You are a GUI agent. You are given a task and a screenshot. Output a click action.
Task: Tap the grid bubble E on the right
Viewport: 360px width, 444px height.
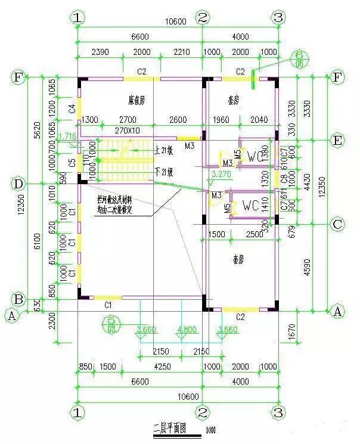coord(337,141)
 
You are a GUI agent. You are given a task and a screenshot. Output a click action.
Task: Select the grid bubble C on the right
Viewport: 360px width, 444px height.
coord(337,225)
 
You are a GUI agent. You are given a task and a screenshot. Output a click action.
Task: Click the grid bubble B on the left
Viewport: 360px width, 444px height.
coord(18,299)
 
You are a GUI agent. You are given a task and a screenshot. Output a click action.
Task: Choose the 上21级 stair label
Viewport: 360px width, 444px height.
coord(163,151)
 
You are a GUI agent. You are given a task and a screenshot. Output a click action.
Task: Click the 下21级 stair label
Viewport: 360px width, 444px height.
coord(163,173)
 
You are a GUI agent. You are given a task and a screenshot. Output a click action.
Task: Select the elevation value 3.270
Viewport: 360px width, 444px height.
coord(221,176)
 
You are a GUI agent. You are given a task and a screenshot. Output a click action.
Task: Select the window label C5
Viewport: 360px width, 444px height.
coord(72,162)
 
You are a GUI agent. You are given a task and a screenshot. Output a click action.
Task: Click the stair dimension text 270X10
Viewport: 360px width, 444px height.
coord(126,130)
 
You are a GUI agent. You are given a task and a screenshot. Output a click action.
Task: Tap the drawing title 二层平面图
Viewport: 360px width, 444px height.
coord(170,427)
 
